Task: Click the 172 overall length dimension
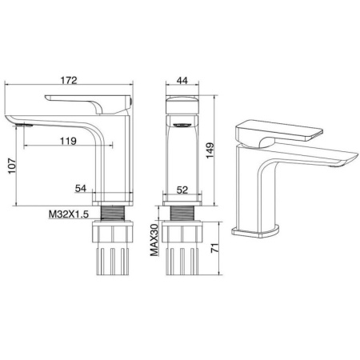click(69, 80)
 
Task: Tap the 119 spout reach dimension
click(68, 141)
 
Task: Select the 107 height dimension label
click(12, 166)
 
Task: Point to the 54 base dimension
click(81, 188)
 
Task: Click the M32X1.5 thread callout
click(68, 214)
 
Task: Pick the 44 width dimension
click(182, 80)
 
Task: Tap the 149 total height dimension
click(210, 150)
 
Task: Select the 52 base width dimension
click(182, 190)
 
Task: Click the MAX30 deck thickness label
click(154, 240)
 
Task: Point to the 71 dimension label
click(215, 248)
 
